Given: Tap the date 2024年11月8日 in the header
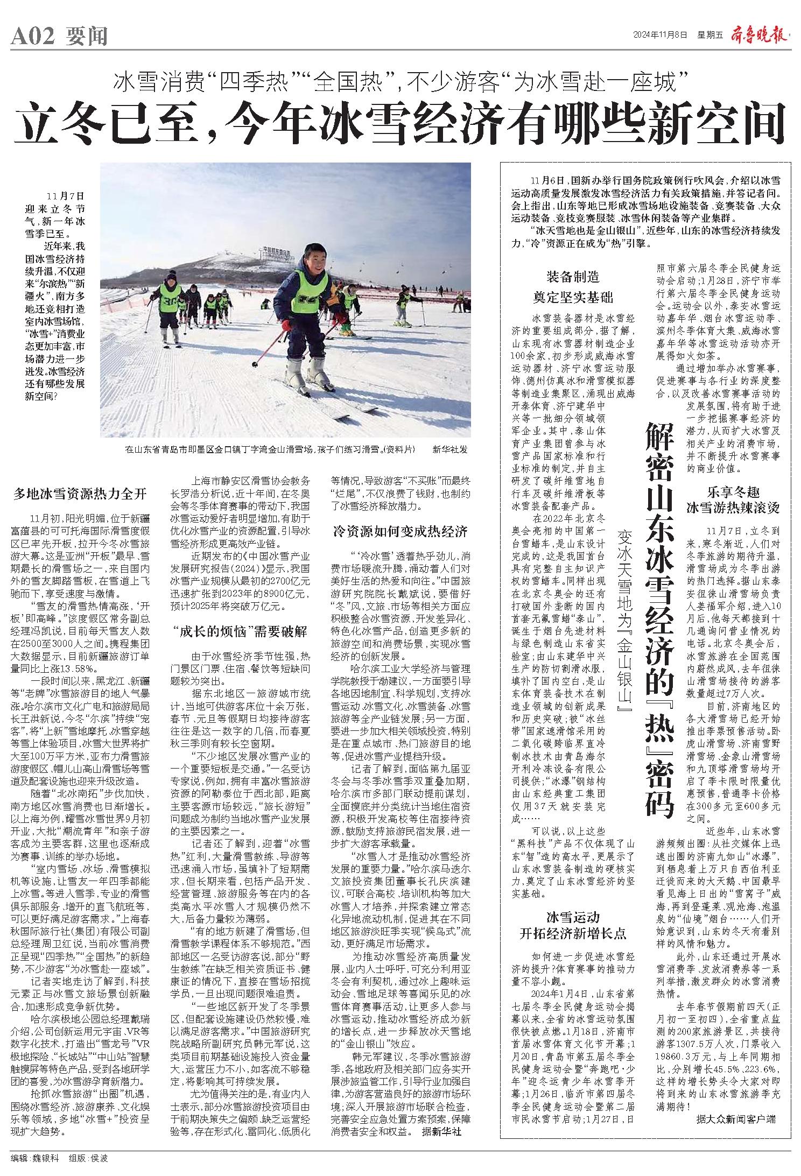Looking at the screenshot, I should point(660,36).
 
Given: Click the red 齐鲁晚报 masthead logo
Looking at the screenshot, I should point(759,35).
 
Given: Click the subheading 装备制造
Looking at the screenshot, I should point(573,278).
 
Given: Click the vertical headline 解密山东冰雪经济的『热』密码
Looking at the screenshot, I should point(660,608).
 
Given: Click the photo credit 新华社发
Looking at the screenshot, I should point(450,449).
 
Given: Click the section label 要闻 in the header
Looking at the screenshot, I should point(87,37).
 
